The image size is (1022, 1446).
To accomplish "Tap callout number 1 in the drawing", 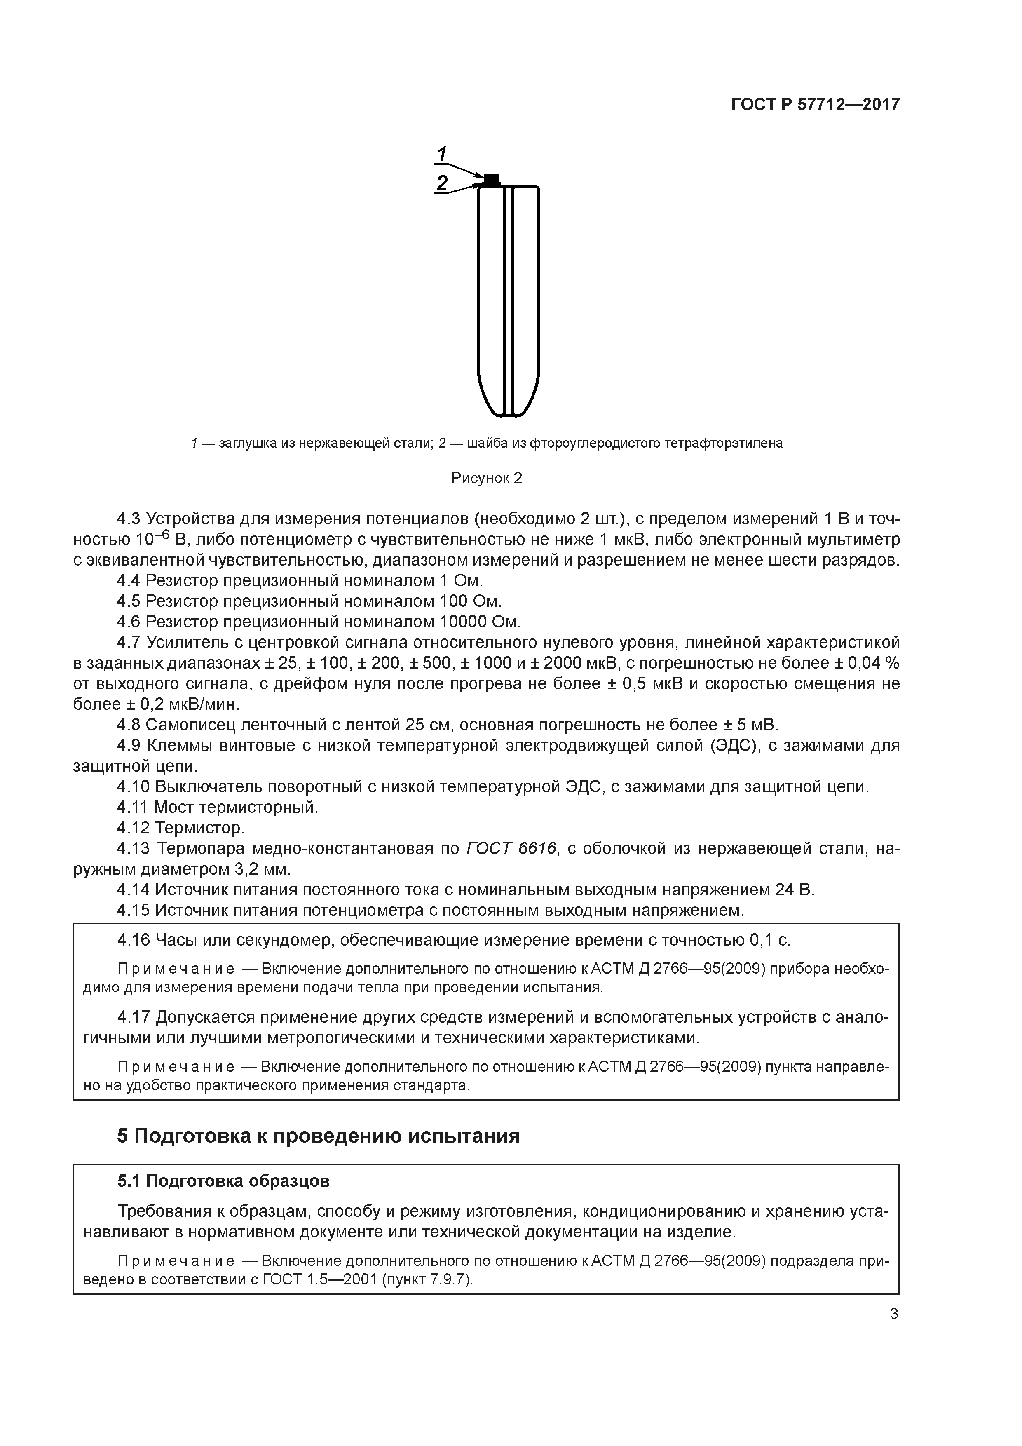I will coord(442,154).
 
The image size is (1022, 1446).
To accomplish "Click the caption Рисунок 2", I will coord(487,478).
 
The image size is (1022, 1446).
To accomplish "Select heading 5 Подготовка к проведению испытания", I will coord(319,1136).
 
